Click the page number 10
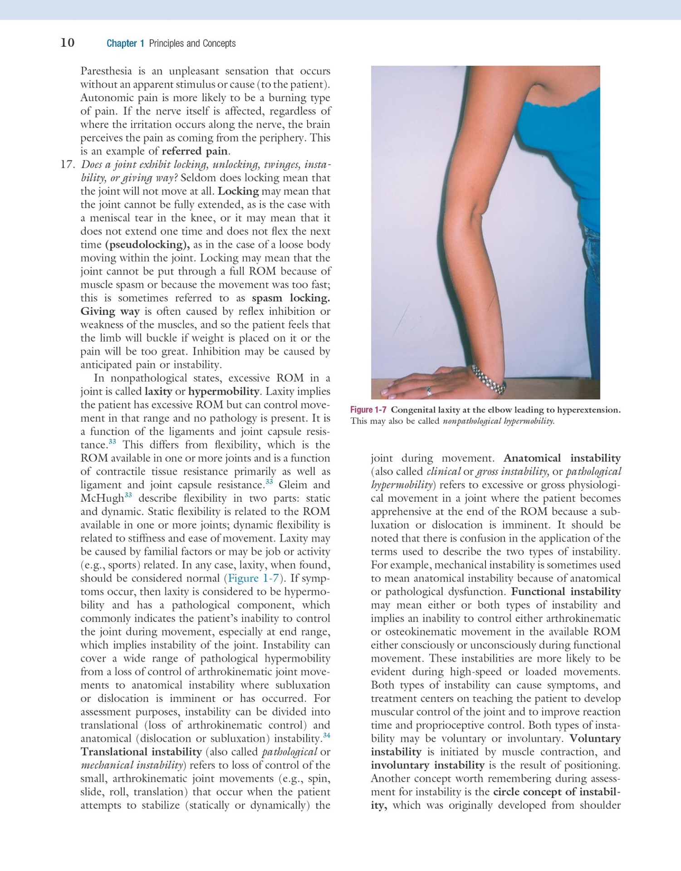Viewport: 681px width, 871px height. (67, 43)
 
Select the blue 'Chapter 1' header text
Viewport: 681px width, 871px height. (125, 44)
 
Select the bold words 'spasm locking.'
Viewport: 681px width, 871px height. (290, 298)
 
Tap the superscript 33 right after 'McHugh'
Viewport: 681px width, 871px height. (128, 495)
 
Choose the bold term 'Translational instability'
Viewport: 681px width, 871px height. (141, 752)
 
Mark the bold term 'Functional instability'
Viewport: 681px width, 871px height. (565, 592)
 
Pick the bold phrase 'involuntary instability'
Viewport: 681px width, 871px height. (427, 766)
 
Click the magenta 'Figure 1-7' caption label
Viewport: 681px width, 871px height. (368, 410)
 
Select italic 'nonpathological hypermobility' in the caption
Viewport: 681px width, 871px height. (498, 421)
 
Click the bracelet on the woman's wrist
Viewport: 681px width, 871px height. (489, 380)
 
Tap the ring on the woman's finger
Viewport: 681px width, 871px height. (429, 390)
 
